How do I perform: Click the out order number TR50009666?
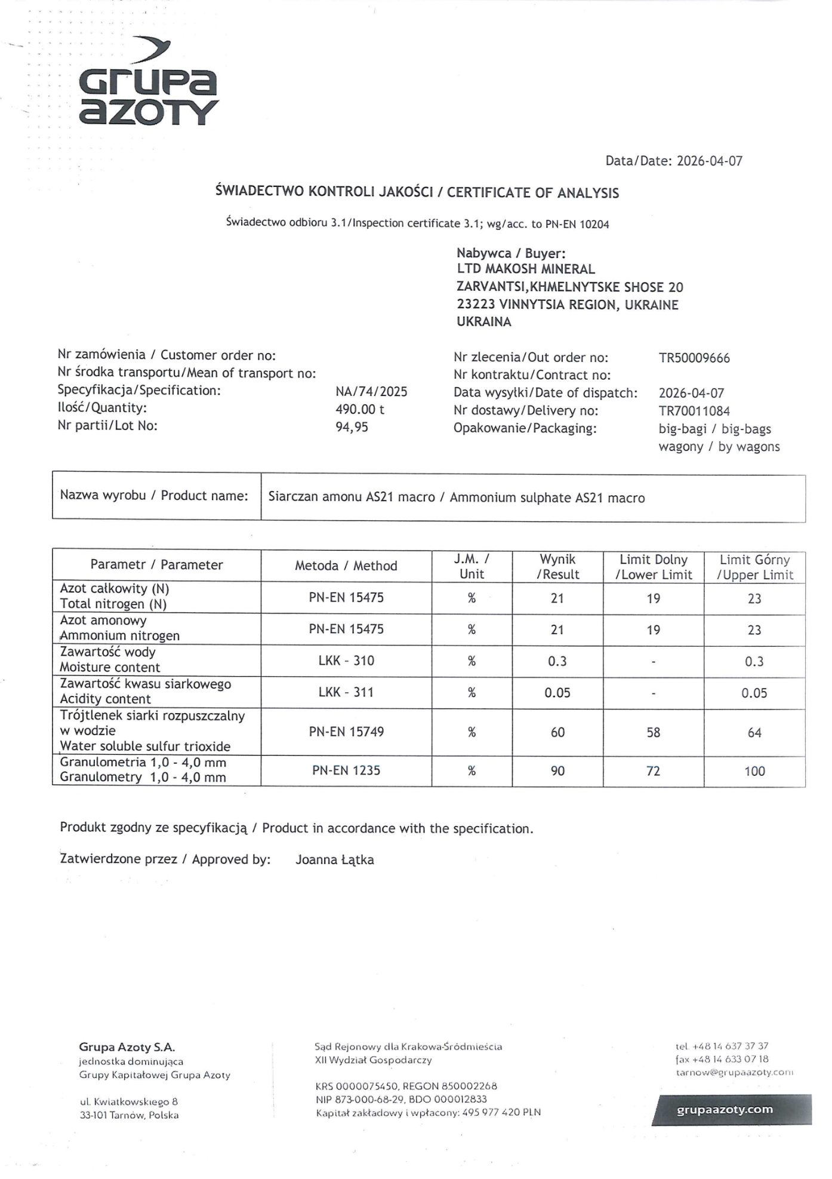click(x=694, y=358)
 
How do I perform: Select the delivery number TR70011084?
click(x=694, y=411)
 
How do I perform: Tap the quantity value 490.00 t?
click(x=360, y=409)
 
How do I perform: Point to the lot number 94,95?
click(x=352, y=427)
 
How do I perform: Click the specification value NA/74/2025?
click(x=371, y=392)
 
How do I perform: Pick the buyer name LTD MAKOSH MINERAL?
click(x=526, y=269)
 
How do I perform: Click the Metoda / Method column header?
click(x=346, y=566)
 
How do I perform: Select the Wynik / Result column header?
click(x=557, y=567)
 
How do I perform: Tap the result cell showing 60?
click(x=557, y=732)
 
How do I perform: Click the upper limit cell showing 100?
click(x=754, y=771)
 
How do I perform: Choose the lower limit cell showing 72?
click(x=654, y=771)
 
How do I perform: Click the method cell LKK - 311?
click(x=346, y=692)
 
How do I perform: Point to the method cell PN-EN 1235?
click(x=346, y=770)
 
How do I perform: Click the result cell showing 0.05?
click(x=557, y=693)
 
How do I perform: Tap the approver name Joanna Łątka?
click(x=335, y=860)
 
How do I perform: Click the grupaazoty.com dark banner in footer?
click(x=732, y=1110)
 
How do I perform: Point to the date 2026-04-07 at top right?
click(x=710, y=161)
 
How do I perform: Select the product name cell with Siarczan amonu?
click(x=457, y=498)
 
